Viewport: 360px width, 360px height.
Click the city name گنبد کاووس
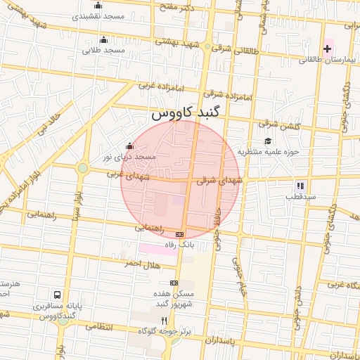click(186, 112)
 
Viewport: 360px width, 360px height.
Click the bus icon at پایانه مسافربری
click(56, 295)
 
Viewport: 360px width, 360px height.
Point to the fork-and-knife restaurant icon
click(165, 320)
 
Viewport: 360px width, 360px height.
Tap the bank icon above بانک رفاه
click(179, 233)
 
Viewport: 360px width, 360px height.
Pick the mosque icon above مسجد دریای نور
click(129, 146)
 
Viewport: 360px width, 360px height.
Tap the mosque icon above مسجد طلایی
click(103, 39)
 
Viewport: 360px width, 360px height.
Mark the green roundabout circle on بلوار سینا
click(83, 168)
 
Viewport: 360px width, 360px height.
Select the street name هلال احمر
click(142, 263)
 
